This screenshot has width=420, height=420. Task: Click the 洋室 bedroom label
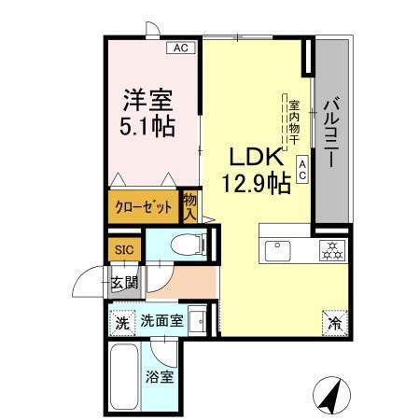click(147, 97)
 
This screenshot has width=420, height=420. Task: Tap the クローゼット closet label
click(144, 208)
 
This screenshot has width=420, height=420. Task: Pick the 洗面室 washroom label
click(161, 322)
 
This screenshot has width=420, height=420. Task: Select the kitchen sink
click(278, 250)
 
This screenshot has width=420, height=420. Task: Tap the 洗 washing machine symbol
click(122, 323)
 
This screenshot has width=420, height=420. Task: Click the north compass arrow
click(329, 394)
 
